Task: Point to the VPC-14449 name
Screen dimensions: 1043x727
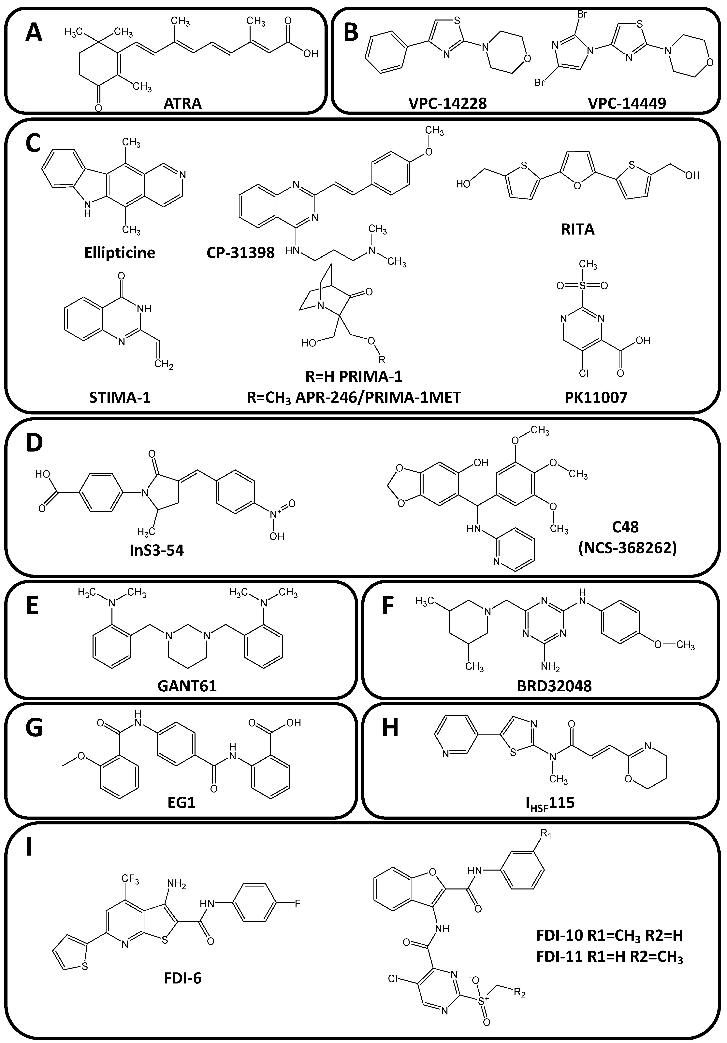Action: [x=627, y=104]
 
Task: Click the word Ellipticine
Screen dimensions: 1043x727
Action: [x=120, y=253]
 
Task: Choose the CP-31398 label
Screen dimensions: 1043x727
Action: [x=240, y=253]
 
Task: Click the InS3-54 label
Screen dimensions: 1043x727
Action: [x=156, y=551]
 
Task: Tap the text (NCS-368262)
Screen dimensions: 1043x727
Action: [x=627, y=548]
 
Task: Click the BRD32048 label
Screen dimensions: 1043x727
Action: [x=554, y=685]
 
